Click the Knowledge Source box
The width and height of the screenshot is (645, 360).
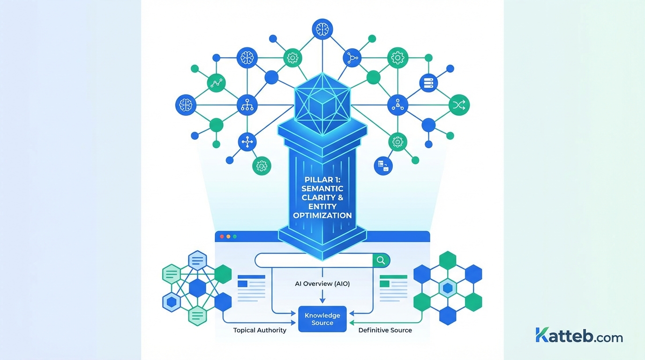click(x=322, y=319)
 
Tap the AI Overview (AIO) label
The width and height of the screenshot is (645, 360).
click(x=322, y=284)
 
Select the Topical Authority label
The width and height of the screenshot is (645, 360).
click(x=260, y=330)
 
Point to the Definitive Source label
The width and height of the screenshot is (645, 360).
click(x=385, y=330)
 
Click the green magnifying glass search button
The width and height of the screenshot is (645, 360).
click(x=381, y=260)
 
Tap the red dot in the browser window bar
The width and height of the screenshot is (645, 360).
click(x=221, y=237)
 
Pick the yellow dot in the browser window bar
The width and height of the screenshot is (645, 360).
click(x=228, y=237)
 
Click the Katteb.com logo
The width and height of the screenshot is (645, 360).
click(x=579, y=336)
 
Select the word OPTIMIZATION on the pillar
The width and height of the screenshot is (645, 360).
click(x=322, y=216)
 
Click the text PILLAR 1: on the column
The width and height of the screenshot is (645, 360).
click(x=322, y=180)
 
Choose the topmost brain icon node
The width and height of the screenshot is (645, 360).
click(x=322, y=29)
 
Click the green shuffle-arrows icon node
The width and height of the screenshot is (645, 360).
click(x=459, y=105)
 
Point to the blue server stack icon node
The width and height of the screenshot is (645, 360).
click(x=428, y=83)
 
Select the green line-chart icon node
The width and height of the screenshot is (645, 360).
click(x=216, y=83)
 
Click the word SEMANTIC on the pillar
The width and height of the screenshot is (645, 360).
click(x=322, y=188)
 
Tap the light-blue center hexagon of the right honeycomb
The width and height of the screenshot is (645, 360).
click(x=448, y=288)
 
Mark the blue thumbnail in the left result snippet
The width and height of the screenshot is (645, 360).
click(x=242, y=284)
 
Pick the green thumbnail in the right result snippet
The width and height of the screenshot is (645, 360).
click(x=384, y=284)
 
